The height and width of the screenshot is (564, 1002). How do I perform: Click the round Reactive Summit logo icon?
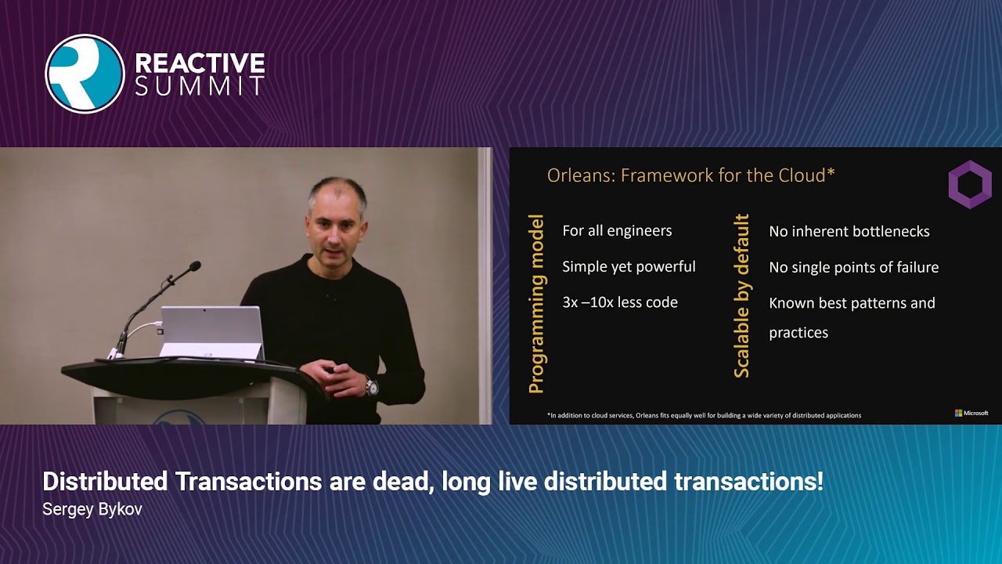point(85,74)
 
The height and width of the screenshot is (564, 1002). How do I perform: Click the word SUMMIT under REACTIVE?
point(200,86)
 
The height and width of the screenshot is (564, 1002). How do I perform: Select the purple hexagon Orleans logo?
point(970,185)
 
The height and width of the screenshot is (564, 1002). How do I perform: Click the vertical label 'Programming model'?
point(536,305)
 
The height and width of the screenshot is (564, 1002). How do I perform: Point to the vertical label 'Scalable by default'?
point(741,296)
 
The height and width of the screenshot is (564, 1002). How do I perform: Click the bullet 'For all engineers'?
point(617,230)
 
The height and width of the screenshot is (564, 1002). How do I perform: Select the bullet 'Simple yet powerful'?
point(629,266)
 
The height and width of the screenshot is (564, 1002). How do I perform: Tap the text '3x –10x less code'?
point(619,302)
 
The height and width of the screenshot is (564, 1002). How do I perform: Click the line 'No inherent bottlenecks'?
point(849,231)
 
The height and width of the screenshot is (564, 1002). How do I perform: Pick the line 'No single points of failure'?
point(853,267)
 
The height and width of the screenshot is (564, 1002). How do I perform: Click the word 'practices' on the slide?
point(798,333)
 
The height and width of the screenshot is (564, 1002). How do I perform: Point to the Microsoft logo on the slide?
point(971,413)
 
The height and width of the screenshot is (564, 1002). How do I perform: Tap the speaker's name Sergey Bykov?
point(92,509)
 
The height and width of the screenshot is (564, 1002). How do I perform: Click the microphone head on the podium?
point(193,267)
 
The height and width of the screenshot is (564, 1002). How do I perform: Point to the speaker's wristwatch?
point(371,386)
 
